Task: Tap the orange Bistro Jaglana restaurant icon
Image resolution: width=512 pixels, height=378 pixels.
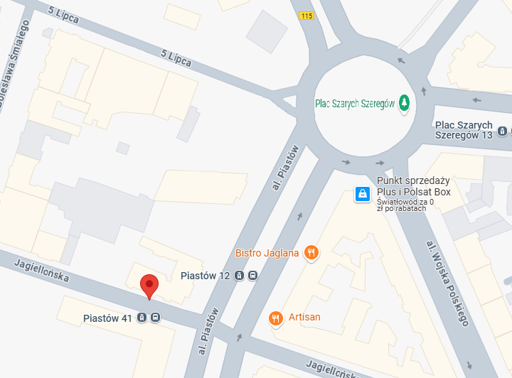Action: (310, 252)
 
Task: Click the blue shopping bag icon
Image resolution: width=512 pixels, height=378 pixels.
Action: (362, 193)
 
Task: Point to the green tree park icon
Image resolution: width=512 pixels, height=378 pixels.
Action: (405, 104)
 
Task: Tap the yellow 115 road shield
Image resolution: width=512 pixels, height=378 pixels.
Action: (306, 16)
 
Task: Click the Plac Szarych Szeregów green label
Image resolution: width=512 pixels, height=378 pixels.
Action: (354, 104)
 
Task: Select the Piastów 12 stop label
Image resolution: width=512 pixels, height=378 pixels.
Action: (205, 276)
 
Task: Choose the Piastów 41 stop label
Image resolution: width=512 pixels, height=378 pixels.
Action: (107, 318)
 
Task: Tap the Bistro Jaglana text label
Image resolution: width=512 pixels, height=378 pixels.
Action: (267, 253)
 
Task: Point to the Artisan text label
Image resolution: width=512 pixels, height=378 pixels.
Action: (304, 317)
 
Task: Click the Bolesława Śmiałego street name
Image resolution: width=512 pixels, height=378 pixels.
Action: (14, 64)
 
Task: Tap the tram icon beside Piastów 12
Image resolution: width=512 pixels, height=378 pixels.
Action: (240, 276)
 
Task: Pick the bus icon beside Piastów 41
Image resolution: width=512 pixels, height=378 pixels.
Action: (155, 318)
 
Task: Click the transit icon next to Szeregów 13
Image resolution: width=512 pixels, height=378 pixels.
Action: (503, 131)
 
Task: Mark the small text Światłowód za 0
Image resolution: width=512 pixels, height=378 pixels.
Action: (405, 202)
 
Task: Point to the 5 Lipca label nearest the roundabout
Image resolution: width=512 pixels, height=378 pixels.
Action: (176, 58)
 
